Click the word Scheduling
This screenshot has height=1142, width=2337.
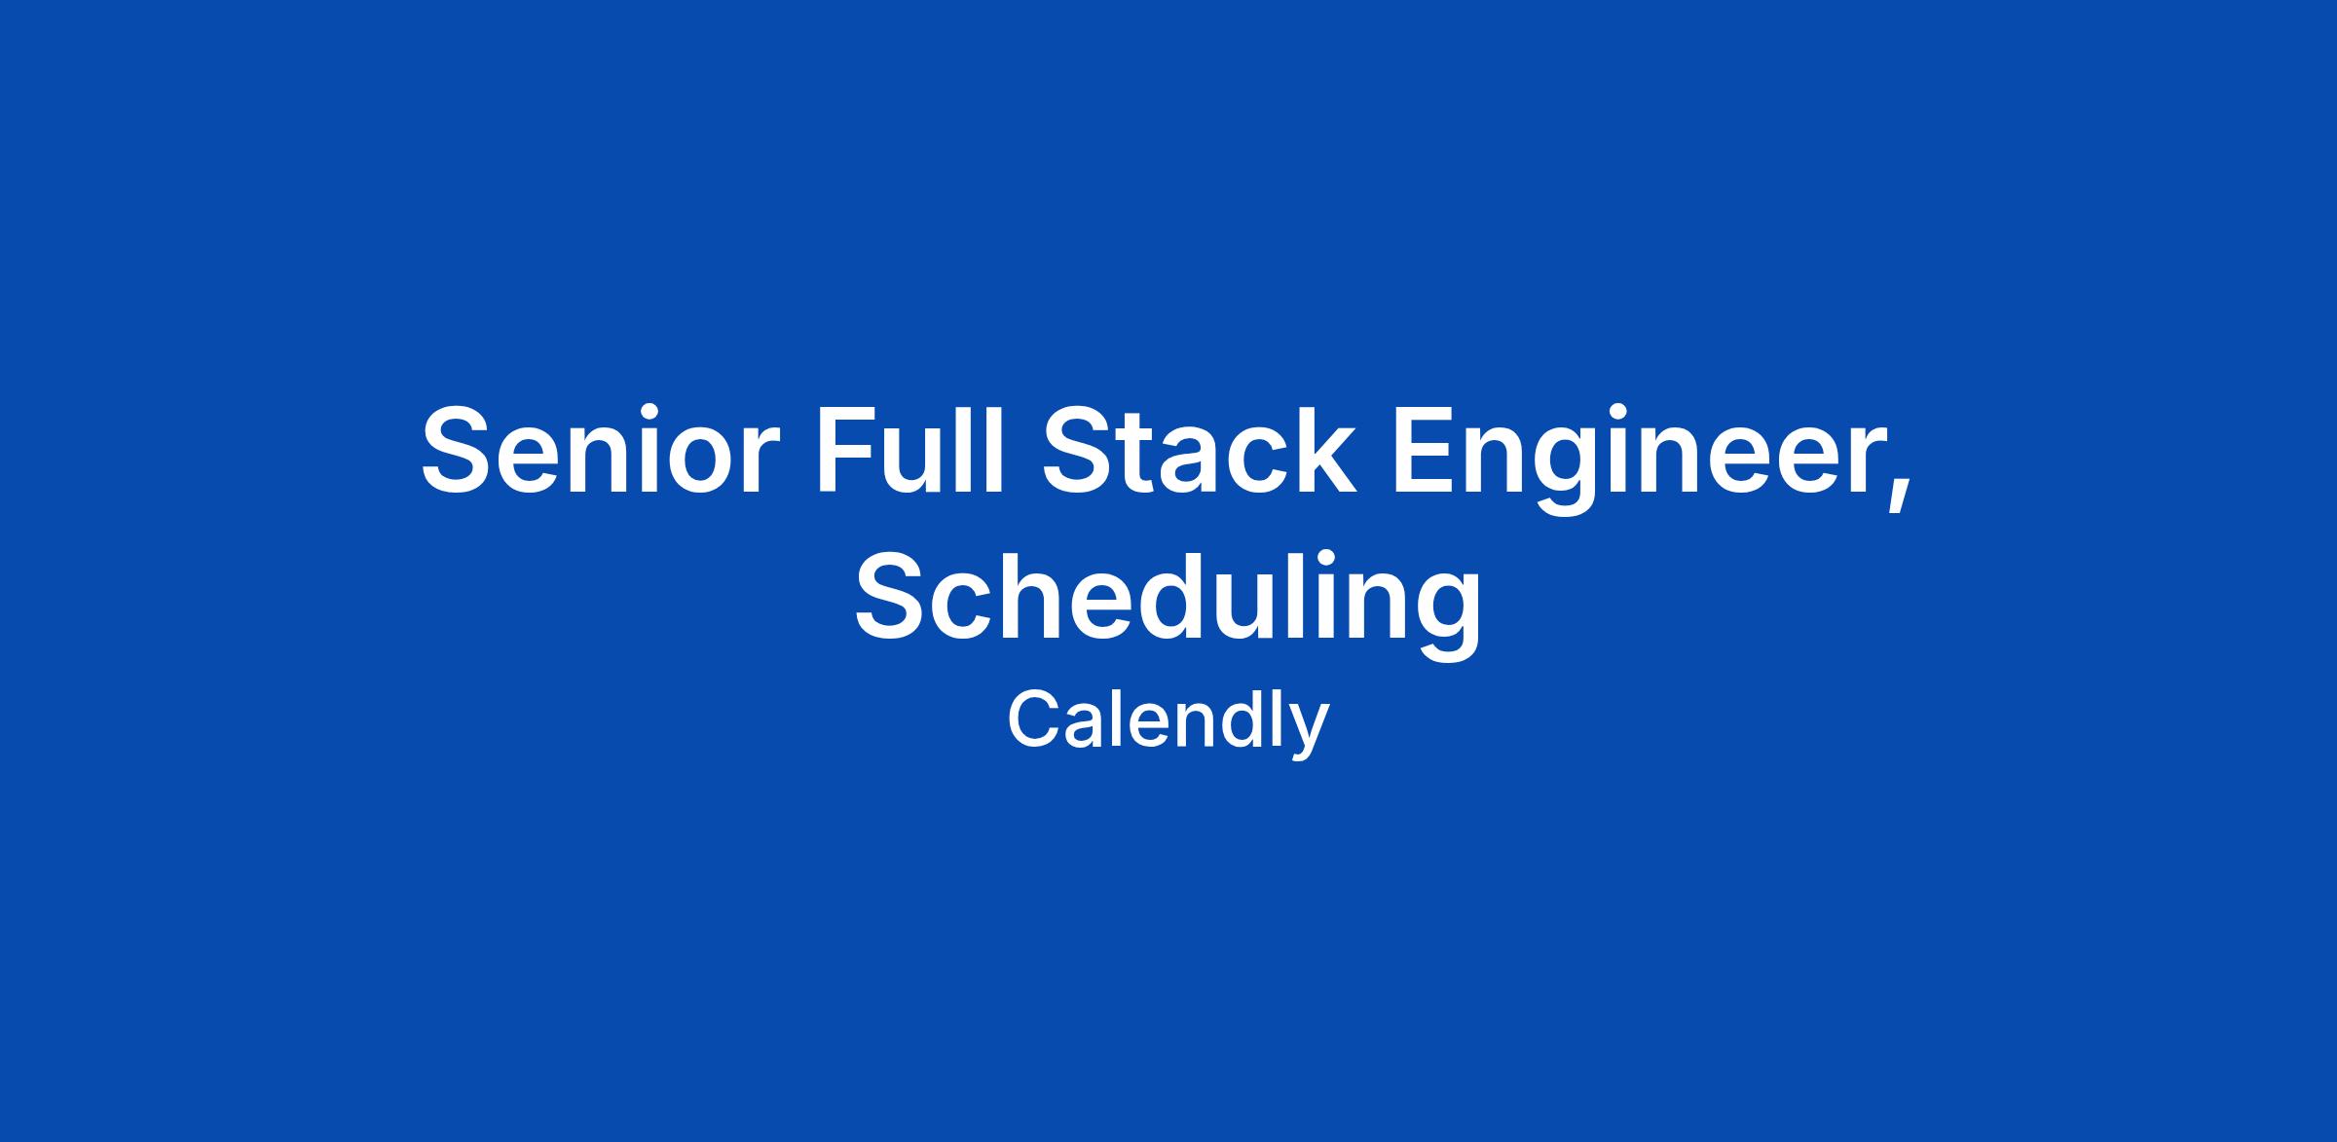[1168, 603]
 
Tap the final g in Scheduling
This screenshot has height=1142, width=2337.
[1453, 619]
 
